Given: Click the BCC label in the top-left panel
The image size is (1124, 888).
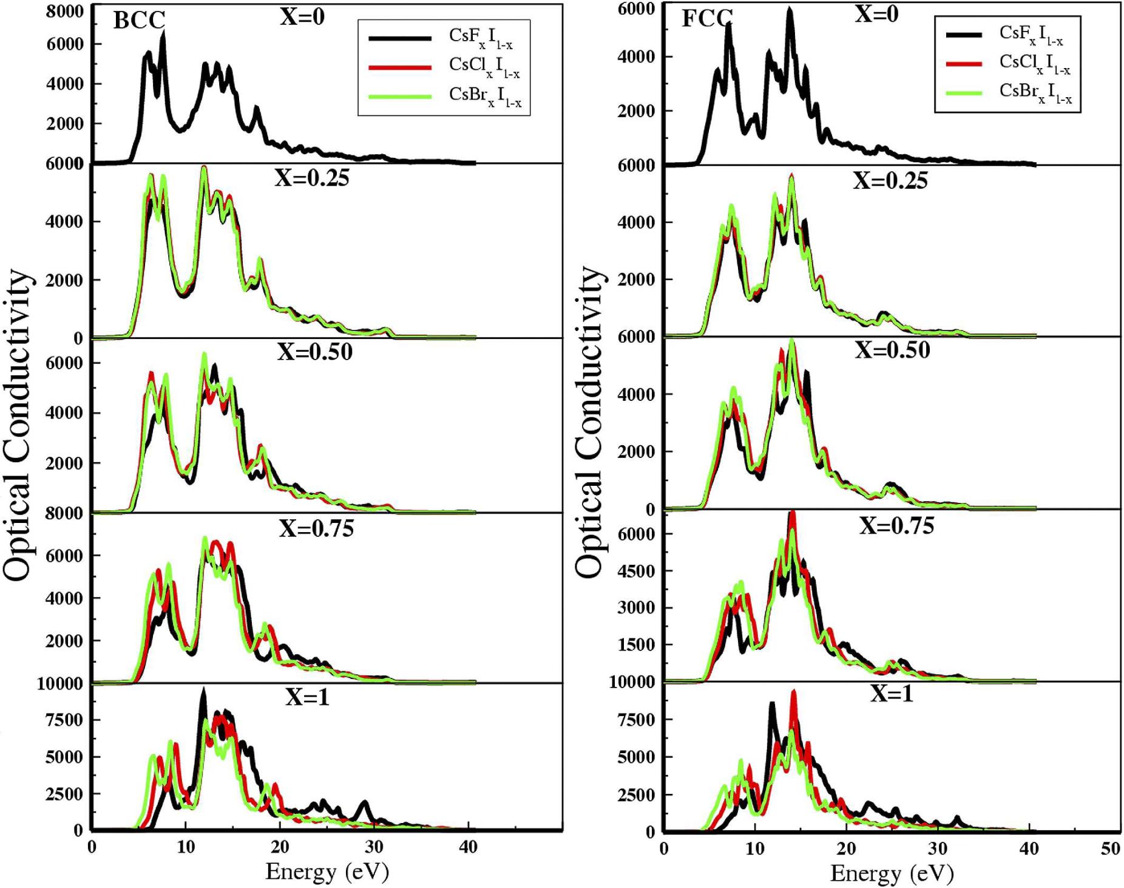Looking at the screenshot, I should (139, 21).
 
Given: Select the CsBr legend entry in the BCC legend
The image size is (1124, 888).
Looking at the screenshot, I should (484, 96).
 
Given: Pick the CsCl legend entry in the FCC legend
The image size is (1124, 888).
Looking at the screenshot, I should (1034, 63).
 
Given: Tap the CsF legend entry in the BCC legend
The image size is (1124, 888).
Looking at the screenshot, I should (480, 38).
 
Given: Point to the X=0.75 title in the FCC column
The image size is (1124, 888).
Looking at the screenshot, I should (896, 525).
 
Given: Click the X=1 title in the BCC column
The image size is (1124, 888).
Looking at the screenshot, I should (307, 697).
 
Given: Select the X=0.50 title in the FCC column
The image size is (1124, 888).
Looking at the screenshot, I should (892, 350).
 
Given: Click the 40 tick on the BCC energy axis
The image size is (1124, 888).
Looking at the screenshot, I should (468, 847).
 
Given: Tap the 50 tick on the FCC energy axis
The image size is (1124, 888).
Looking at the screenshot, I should (1110, 849).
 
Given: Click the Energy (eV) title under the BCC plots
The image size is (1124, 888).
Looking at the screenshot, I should (327, 872).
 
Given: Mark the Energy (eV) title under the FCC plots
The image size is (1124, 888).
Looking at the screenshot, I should (892, 873).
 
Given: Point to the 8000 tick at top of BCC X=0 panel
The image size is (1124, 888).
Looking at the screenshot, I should (65, 12).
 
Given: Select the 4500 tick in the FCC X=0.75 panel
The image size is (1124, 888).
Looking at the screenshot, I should (637, 571).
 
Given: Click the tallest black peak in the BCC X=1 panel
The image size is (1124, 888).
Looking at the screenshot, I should (203, 691).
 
